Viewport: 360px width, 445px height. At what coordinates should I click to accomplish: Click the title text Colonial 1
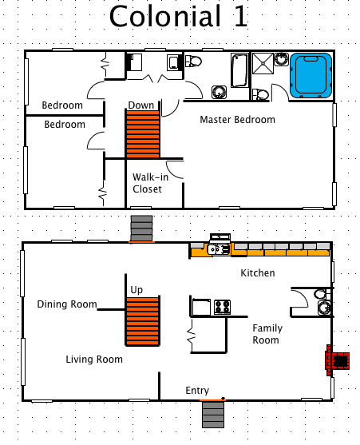178,16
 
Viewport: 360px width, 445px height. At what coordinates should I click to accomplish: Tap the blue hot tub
311,76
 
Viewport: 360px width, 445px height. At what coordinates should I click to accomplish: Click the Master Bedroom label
237,120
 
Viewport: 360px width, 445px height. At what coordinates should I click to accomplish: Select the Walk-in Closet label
147,183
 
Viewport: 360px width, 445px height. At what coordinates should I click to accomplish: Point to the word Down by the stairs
141,105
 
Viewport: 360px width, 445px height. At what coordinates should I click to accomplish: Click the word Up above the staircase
136,289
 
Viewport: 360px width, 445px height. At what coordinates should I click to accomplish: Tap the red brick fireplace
337,360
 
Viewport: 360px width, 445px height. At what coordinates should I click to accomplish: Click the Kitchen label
258,273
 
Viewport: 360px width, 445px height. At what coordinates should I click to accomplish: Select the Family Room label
266,334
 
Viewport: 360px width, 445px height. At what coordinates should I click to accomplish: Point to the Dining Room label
67,304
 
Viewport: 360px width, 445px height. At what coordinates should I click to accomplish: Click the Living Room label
94,360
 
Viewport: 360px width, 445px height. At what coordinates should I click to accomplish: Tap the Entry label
197,390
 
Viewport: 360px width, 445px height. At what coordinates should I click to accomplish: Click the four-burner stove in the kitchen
222,307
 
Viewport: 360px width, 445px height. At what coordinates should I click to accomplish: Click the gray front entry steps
213,414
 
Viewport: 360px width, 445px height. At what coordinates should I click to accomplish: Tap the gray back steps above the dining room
141,228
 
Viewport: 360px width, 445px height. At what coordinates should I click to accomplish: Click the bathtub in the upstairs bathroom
239,70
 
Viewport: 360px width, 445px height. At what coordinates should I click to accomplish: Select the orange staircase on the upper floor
143,133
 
